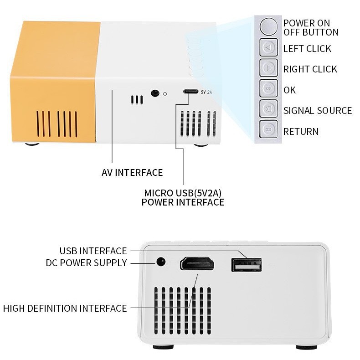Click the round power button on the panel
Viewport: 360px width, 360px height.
click(269, 26)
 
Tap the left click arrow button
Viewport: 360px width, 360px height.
click(269, 47)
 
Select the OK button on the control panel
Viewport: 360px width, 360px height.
click(269, 88)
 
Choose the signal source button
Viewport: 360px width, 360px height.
click(269, 109)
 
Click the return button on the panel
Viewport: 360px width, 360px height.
click(269, 130)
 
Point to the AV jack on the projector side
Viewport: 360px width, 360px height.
click(155, 93)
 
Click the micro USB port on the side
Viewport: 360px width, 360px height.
click(191, 92)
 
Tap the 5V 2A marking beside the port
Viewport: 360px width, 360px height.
click(206, 92)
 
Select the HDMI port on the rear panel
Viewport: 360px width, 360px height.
click(197, 264)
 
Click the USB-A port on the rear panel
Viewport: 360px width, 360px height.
click(246, 265)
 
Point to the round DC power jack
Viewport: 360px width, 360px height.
click(160, 262)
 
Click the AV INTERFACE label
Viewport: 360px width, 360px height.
click(132, 173)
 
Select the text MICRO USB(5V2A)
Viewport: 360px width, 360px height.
click(183, 193)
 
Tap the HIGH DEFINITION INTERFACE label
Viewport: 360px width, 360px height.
click(65, 308)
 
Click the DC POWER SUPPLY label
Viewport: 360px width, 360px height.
click(87, 263)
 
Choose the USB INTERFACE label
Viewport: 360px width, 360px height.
click(93, 251)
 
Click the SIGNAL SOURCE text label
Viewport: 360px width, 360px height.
click(318, 110)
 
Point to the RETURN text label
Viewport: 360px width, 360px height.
click(301, 132)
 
